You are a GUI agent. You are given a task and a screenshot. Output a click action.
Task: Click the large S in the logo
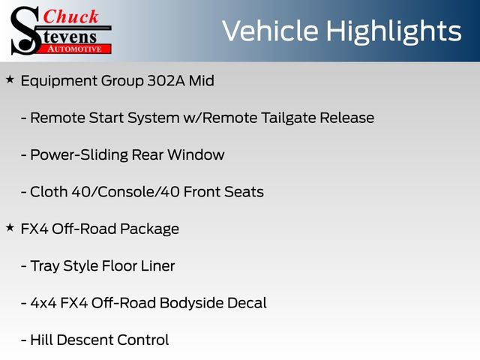click(25, 30)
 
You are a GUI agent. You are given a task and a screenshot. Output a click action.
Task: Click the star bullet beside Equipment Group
click(10, 79)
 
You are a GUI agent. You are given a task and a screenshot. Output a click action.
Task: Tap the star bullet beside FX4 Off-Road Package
click(10, 227)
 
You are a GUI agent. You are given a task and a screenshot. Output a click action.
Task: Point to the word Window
click(198, 155)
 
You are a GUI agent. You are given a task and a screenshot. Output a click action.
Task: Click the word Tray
click(46, 266)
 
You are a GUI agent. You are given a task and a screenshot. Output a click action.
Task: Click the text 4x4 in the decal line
click(44, 303)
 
